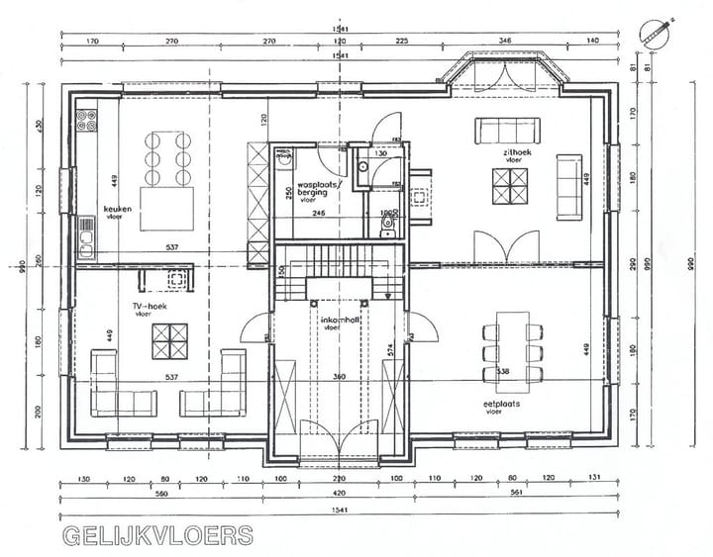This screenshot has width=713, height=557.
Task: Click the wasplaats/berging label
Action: click(x=319, y=188)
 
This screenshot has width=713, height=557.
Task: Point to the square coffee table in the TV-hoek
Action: click(x=167, y=343)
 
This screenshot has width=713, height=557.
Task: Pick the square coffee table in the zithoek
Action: click(x=514, y=184)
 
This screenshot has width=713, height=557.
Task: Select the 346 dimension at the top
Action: click(x=505, y=43)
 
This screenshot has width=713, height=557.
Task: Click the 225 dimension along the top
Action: click(x=402, y=43)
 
